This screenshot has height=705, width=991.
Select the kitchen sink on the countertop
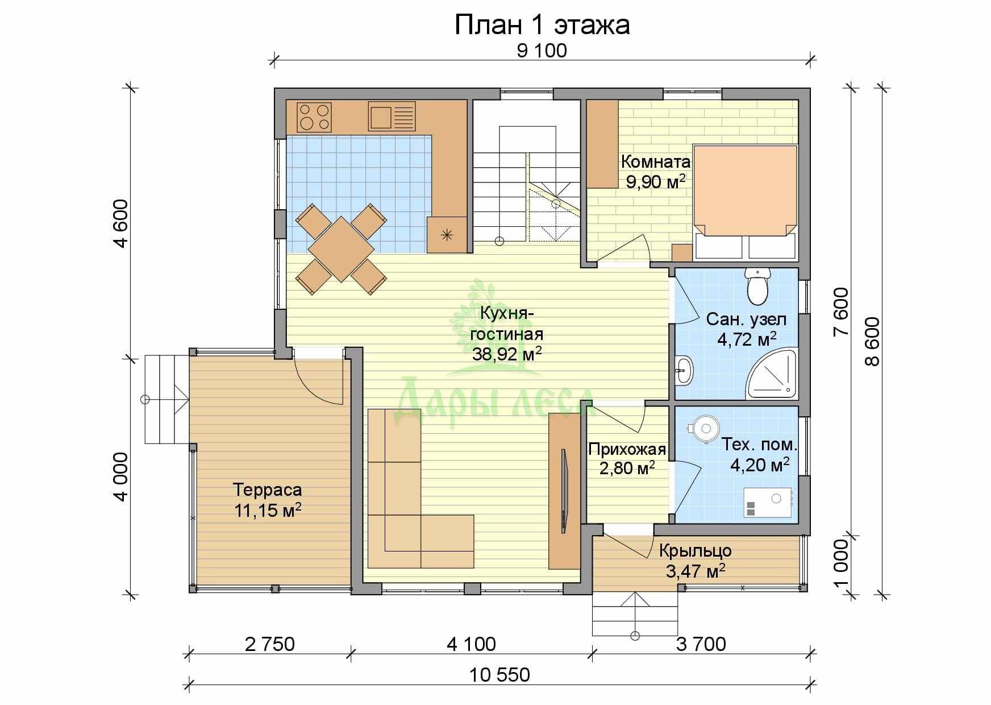point(392,116)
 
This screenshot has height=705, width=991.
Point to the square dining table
point(341,249)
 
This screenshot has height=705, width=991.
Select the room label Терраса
point(268,489)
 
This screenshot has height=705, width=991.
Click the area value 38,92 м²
point(507,354)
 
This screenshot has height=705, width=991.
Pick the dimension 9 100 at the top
point(542,51)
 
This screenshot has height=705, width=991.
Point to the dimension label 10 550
point(500,675)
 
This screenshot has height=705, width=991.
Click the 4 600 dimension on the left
point(121,223)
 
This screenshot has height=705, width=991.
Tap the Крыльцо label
point(696,550)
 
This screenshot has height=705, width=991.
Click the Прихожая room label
point(627,450)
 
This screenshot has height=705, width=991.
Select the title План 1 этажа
point(542,25)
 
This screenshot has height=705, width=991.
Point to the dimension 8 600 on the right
point(872,342)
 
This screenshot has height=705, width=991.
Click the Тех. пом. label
point(759,444)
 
